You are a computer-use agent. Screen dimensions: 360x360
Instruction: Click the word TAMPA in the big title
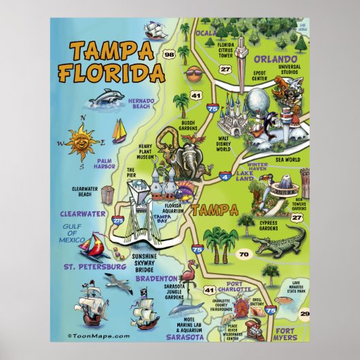tap(111, 51)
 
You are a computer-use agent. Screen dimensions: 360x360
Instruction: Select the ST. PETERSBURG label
tap(93, 267)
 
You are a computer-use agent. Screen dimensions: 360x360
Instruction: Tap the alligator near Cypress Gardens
tap(278, 243)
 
